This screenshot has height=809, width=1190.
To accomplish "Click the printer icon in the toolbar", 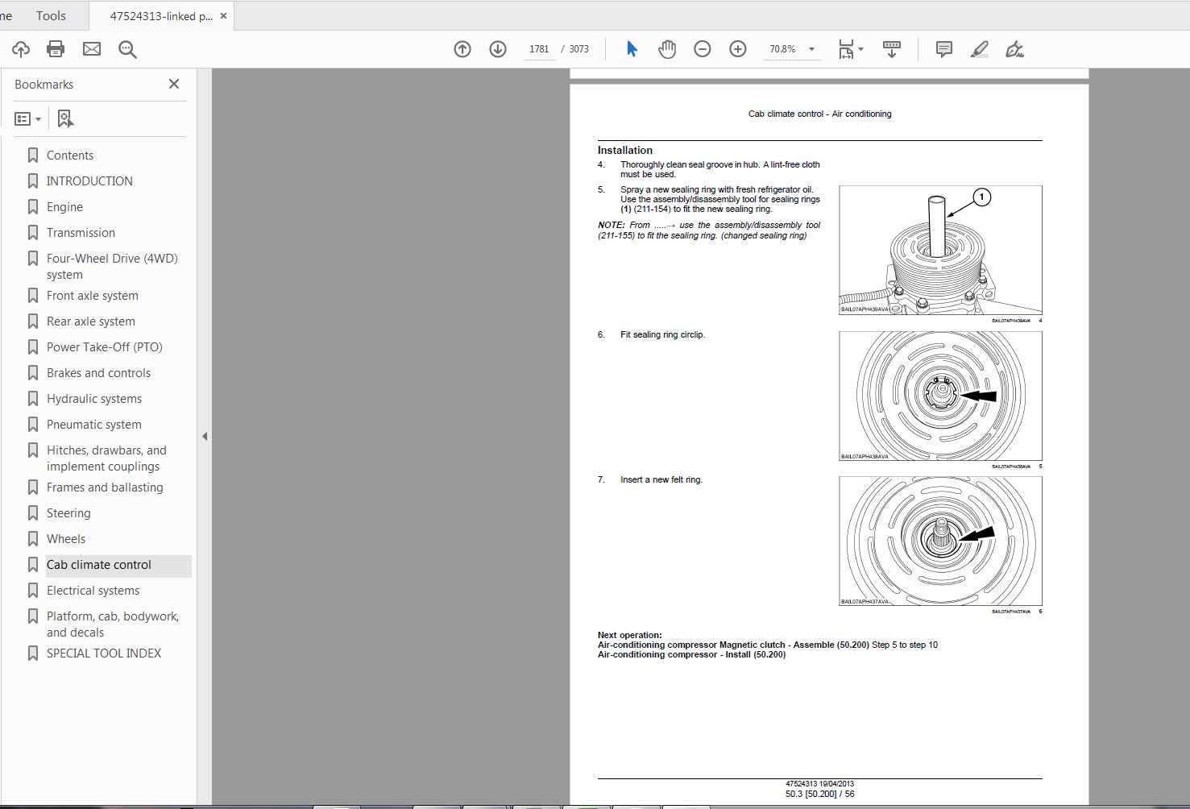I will tap(56, 49).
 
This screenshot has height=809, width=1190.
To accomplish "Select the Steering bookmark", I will tap(68, 513).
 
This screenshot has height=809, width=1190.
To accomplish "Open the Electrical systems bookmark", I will tap(93, 591).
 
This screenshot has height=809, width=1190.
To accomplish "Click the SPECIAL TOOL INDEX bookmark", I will tap(103, 653).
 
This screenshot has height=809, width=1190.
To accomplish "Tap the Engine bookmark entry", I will tap(64, 207).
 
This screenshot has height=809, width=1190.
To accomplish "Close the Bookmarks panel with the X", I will tap(173, 84).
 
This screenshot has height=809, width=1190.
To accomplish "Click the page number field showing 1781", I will tap(539, 49).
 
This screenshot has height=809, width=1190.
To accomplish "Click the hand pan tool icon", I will tap(666, 49).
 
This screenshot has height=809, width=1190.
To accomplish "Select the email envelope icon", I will tap(92, 49).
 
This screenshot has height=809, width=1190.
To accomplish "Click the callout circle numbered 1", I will tap(981, 197).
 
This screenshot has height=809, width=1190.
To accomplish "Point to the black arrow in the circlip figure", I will tap(978, 396).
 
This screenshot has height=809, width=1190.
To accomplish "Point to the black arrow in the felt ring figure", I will tap(976, 535).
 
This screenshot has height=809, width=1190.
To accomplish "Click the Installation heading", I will tap(624, 150).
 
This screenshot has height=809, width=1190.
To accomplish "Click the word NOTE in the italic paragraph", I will tap(611, 226).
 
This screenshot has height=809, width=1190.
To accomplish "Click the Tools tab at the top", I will tap(51, 15).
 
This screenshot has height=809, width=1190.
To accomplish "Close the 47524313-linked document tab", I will tap(223, 16).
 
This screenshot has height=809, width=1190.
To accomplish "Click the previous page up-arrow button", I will tap(462, 49).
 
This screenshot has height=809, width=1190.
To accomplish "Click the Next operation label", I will tap(629, 635).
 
